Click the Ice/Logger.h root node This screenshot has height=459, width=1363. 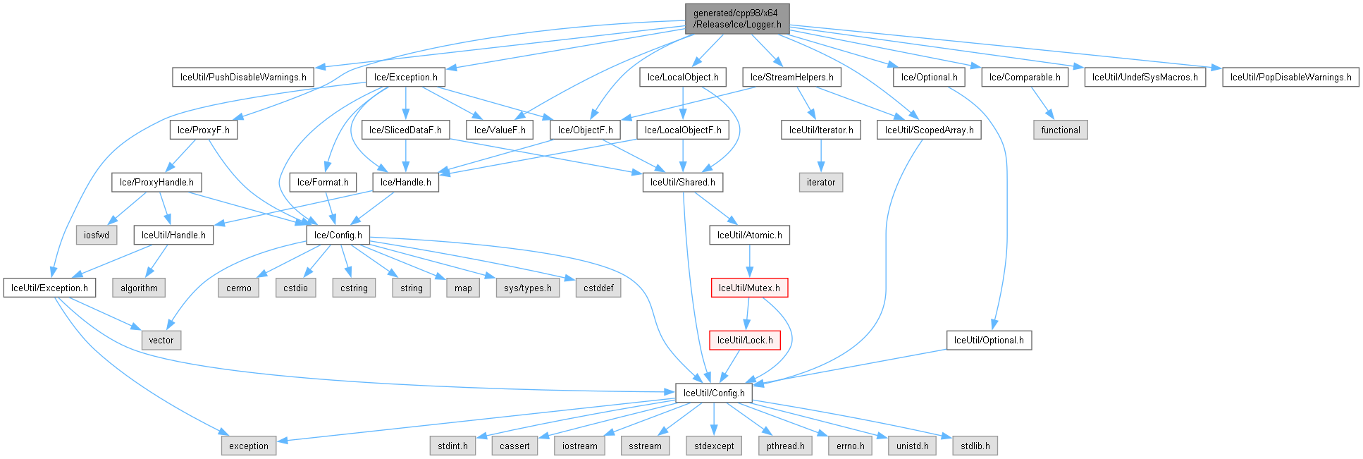(x=737, y=18)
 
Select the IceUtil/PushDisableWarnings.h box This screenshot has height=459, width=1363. (x=243, y=77)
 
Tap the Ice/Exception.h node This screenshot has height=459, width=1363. (x=405, y=77)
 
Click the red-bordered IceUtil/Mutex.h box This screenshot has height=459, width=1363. (x=749, y=288)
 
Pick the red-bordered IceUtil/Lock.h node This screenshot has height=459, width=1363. (x=745, y=340)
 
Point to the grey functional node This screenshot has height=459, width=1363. (x=1060, y=130)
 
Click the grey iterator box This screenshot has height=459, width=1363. (x=820, y=182)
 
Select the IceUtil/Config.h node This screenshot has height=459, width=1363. (x=714, y=393)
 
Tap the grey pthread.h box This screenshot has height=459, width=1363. (x=785, y=446)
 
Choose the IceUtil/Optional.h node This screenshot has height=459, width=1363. (x=989, y=340)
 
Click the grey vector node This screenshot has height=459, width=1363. (x=161, y=340)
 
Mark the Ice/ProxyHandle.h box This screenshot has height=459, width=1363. (x=156, y=182)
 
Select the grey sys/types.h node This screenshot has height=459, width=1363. (x=528, y=288)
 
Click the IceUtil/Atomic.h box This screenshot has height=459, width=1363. (x=749, y=235)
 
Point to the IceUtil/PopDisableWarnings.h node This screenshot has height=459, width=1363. (x=1290, y=77)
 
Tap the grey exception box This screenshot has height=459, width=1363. (x=248, y=446)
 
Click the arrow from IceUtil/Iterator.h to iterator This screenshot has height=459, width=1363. (x=820, y=157)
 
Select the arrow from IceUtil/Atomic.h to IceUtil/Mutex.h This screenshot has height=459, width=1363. (x=749, y=262)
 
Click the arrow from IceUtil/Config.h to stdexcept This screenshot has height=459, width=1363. (x=714, y=420)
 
